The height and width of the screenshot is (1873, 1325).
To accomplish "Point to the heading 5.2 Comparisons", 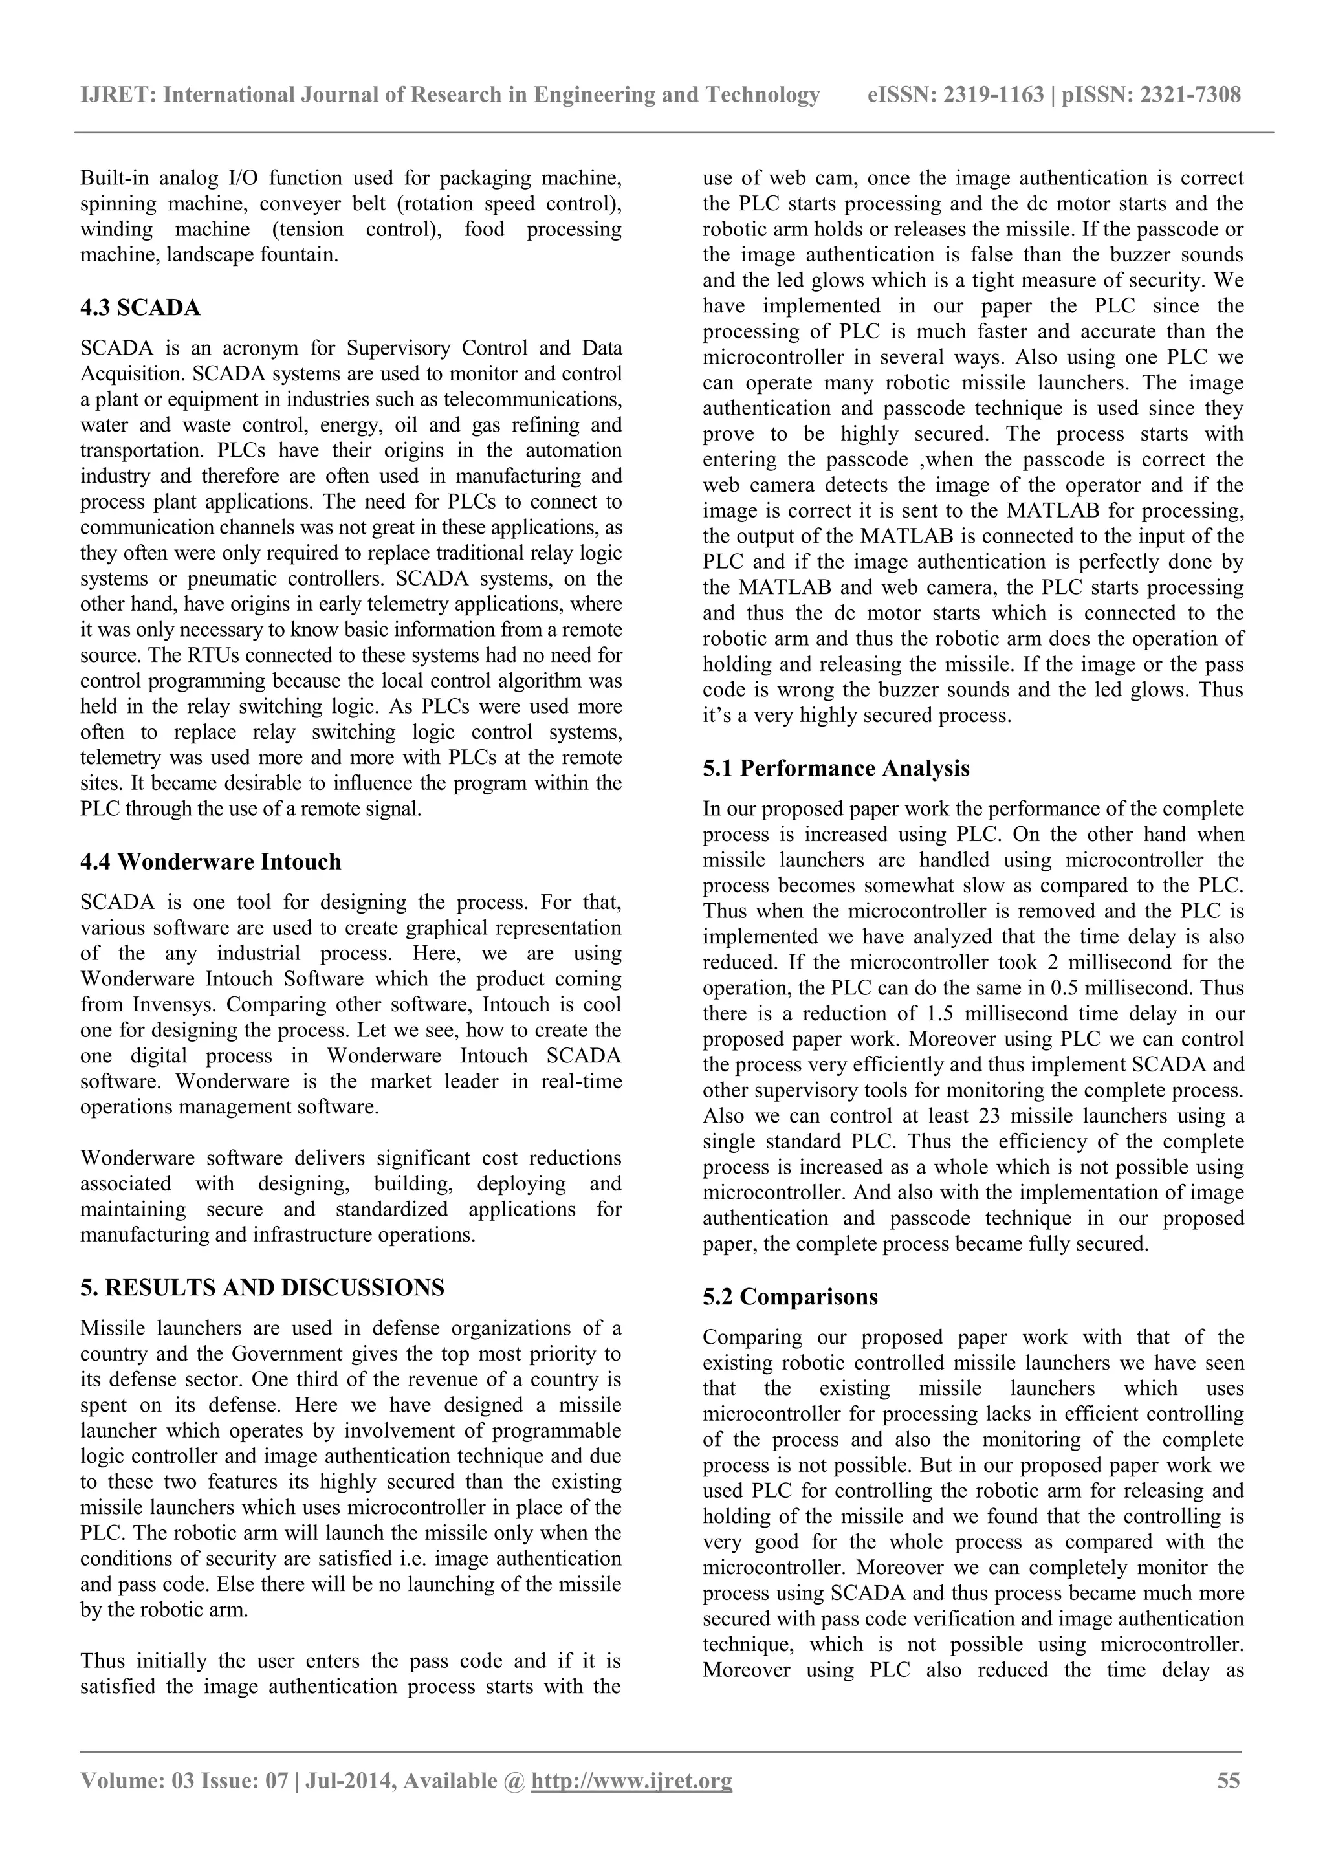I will [790, 1297].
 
